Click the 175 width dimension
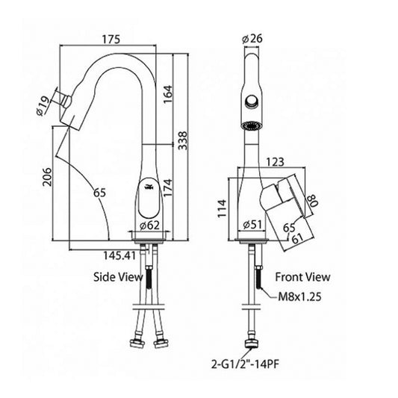pos(111,40)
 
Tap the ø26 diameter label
pos(252,39)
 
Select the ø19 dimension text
pos(43,106)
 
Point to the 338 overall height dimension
pos(182,140)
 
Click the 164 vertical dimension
pos(168,94)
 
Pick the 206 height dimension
pos(47,177)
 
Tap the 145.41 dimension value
pos(119,255)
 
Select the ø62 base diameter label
pos(150,226)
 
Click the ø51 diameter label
pos(252,224)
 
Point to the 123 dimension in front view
pos(275,162)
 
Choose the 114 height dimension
pos(222,208)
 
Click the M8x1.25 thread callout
pos(299,296)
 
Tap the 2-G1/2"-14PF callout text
pos(245,364)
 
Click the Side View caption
pos(118,277)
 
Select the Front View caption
pos(303,277)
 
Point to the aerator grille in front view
pos(252,126)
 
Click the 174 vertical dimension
pos(168,188)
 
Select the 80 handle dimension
pos(311,201)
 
